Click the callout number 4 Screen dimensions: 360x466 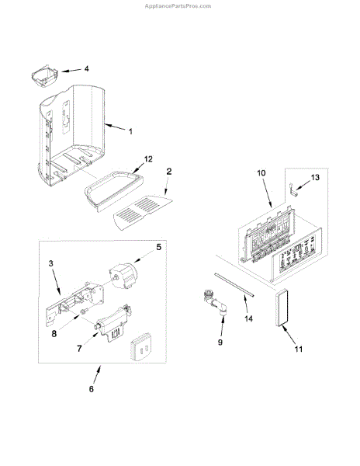(x=86, y=68)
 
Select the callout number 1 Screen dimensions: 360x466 (x=130, y=131)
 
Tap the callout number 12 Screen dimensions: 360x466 (x=148, y=159)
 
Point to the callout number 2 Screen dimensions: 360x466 (x=169, y=172)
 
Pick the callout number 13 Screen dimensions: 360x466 (x=315, y=177)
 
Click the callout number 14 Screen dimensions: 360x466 (x=249, y=318)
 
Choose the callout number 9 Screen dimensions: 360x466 (x=220, y=343)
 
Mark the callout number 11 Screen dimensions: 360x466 (x=299, y=349)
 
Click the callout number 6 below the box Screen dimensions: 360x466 (x=92, y=389)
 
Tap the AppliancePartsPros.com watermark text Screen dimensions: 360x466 (x=178, y=6)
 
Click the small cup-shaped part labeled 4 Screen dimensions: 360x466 (x=44, y=76)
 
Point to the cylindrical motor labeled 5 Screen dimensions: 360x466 (x=125, y=275)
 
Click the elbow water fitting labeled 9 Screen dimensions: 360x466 (x=215, y=304)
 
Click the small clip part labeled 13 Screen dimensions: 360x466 (x=293, y=190)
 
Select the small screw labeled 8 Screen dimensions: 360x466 (x=83, y=311)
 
